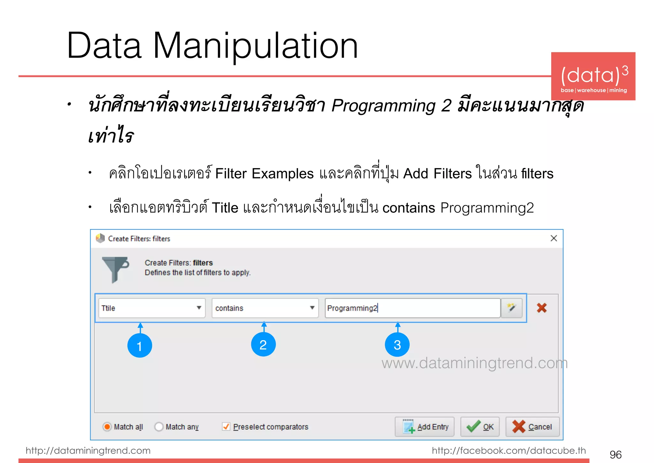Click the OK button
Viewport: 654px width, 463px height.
click(x=480, y=427)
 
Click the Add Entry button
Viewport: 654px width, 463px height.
click(x=424, y=427)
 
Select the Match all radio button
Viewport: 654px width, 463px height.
click(x=107, y=427)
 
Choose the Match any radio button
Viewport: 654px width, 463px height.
click(x=159, y=427)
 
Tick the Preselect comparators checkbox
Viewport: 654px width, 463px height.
click(x=226, y=427)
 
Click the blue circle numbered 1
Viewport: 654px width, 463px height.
click(x=140, y=346)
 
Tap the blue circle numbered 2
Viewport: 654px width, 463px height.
click(x=263, y=345)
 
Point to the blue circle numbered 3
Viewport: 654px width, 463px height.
click(x=397, y=345)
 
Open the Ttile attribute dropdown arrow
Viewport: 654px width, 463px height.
click(x=199, y=308)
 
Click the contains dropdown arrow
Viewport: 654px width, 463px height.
click(x=312, y=308)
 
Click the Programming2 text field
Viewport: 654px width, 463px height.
click(x=412, y=308)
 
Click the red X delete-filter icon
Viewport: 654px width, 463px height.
click(x=542, y=308)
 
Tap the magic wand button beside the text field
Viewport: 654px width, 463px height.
click(x=511, y=308)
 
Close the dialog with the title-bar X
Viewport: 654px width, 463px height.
click(x=554, y=238)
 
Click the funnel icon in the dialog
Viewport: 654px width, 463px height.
click(x=115, y=269)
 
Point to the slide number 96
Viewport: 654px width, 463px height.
click(x=615, y=454)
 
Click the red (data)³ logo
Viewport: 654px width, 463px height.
click(x=593, y=76)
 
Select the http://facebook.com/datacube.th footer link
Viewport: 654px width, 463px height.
click(x=509, y=451)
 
